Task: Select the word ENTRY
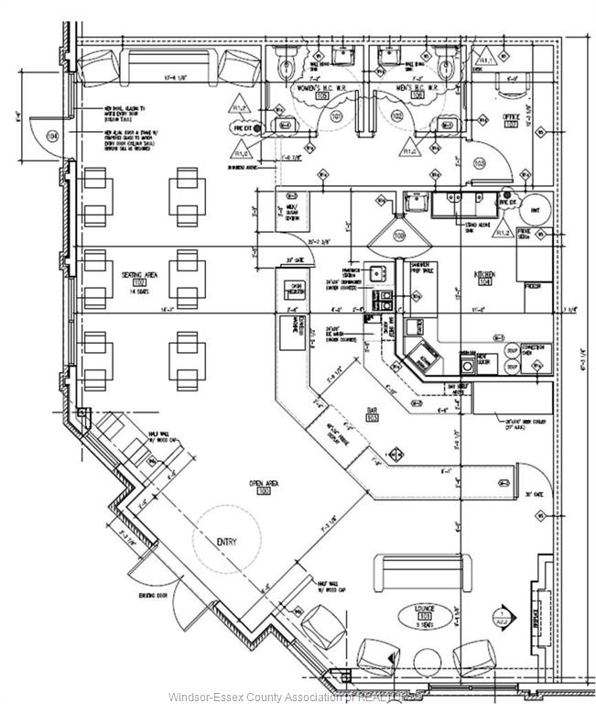pyautogui.click(x=226, y=542)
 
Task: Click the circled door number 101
pyautogui.click(x=335, y=116)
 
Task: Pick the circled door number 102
pyautogui.click(x=396, y=116)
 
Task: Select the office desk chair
pyautogui.click(x=510, y=82)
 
